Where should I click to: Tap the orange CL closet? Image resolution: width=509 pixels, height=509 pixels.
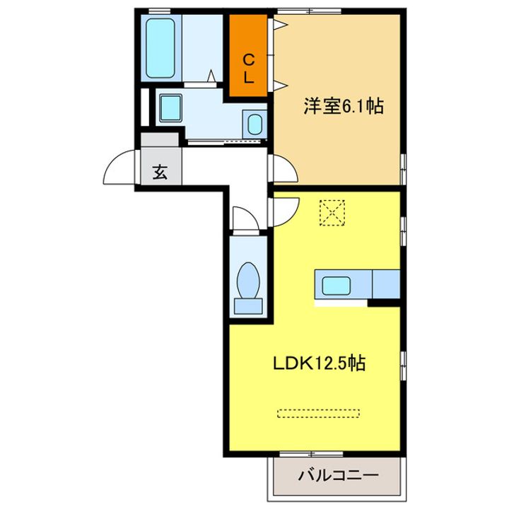coord(249,54)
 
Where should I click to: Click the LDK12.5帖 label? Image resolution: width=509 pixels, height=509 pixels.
coord(320,364)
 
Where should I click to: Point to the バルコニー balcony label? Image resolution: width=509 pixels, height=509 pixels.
coord(338,474)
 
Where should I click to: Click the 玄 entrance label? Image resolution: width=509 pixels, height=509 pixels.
coord(160,171)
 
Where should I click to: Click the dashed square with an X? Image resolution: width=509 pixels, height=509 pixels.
coord(331,211)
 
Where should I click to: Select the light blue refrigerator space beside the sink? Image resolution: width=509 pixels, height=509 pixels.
coord(387,284)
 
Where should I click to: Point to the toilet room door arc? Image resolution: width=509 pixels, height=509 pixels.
coord(242,217)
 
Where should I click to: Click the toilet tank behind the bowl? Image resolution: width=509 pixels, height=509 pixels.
coord(249,305)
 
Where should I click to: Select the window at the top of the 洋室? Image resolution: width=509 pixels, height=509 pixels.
coord(309,11)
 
